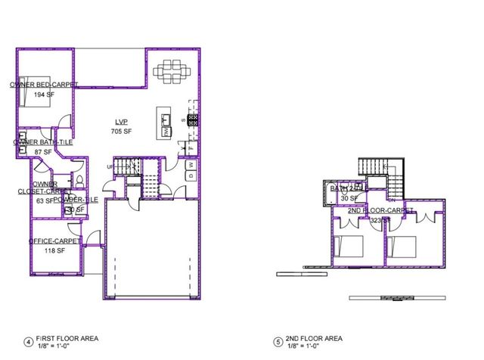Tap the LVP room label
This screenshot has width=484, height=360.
click(122, 122)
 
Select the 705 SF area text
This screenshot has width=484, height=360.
click(122, 132)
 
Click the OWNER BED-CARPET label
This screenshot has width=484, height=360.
click(44, 85)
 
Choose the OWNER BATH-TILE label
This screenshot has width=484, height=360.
click(43, 142)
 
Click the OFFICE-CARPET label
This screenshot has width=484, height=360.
click(55, 241)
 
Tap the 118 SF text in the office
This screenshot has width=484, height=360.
click(54, 250)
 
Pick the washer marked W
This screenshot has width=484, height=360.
click(191, 164)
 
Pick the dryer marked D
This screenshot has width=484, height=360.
click(191, 176)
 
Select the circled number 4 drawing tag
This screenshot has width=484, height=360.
click(28, 342)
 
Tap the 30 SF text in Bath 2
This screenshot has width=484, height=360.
click(350, 198)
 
